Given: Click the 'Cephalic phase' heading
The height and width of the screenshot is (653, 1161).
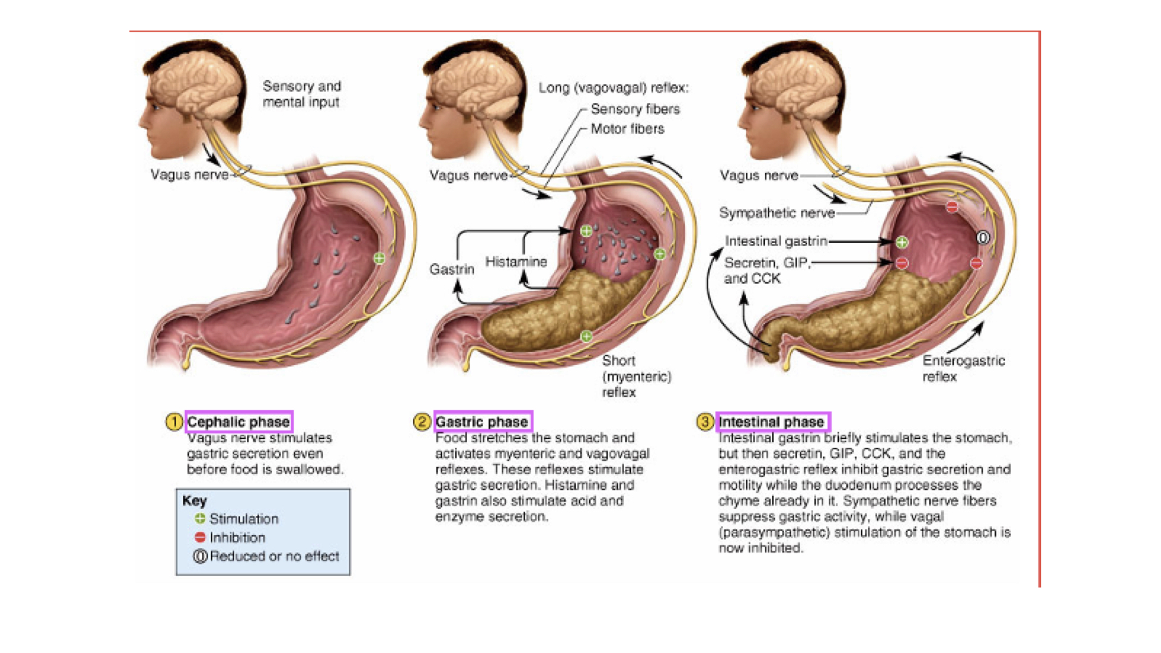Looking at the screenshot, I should click(238, 421).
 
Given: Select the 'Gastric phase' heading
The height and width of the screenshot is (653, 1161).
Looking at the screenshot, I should click(482, 421).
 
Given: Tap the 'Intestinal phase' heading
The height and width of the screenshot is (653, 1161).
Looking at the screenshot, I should click(772, 421).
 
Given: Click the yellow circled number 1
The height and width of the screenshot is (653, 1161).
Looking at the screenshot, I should click(174, 421).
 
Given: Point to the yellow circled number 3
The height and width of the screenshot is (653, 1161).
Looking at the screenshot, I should click(705, 421).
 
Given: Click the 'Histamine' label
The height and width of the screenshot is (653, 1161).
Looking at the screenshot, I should click(516, 262).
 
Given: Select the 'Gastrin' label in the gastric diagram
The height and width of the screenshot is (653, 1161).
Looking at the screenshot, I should click(452, 269).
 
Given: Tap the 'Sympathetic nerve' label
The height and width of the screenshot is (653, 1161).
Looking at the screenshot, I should click(776, 213).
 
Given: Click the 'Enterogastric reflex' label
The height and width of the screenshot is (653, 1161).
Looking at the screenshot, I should click(963, 368).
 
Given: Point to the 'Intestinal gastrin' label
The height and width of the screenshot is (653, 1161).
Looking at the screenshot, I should click(776, 241).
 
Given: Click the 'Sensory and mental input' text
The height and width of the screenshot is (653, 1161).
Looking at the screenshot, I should click(302, 94).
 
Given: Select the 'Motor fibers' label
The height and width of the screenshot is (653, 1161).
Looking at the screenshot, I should click(627, 129).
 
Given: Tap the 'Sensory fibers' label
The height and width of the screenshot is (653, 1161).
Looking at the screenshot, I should click(635, 109).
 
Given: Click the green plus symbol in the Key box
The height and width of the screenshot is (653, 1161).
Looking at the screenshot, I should click(200, 519).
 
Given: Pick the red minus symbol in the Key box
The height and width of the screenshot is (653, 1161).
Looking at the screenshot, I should click(200, 538).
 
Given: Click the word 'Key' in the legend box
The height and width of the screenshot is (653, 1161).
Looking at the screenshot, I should click(195, 501).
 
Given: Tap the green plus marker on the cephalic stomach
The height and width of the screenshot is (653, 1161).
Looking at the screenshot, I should click(379, 259).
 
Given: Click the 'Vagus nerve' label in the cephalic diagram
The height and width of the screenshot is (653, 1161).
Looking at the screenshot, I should click(189, 175).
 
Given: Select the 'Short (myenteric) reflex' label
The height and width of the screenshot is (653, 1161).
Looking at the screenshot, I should click(636, 376).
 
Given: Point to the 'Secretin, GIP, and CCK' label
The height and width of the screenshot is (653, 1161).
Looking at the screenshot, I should click(766, 270).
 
